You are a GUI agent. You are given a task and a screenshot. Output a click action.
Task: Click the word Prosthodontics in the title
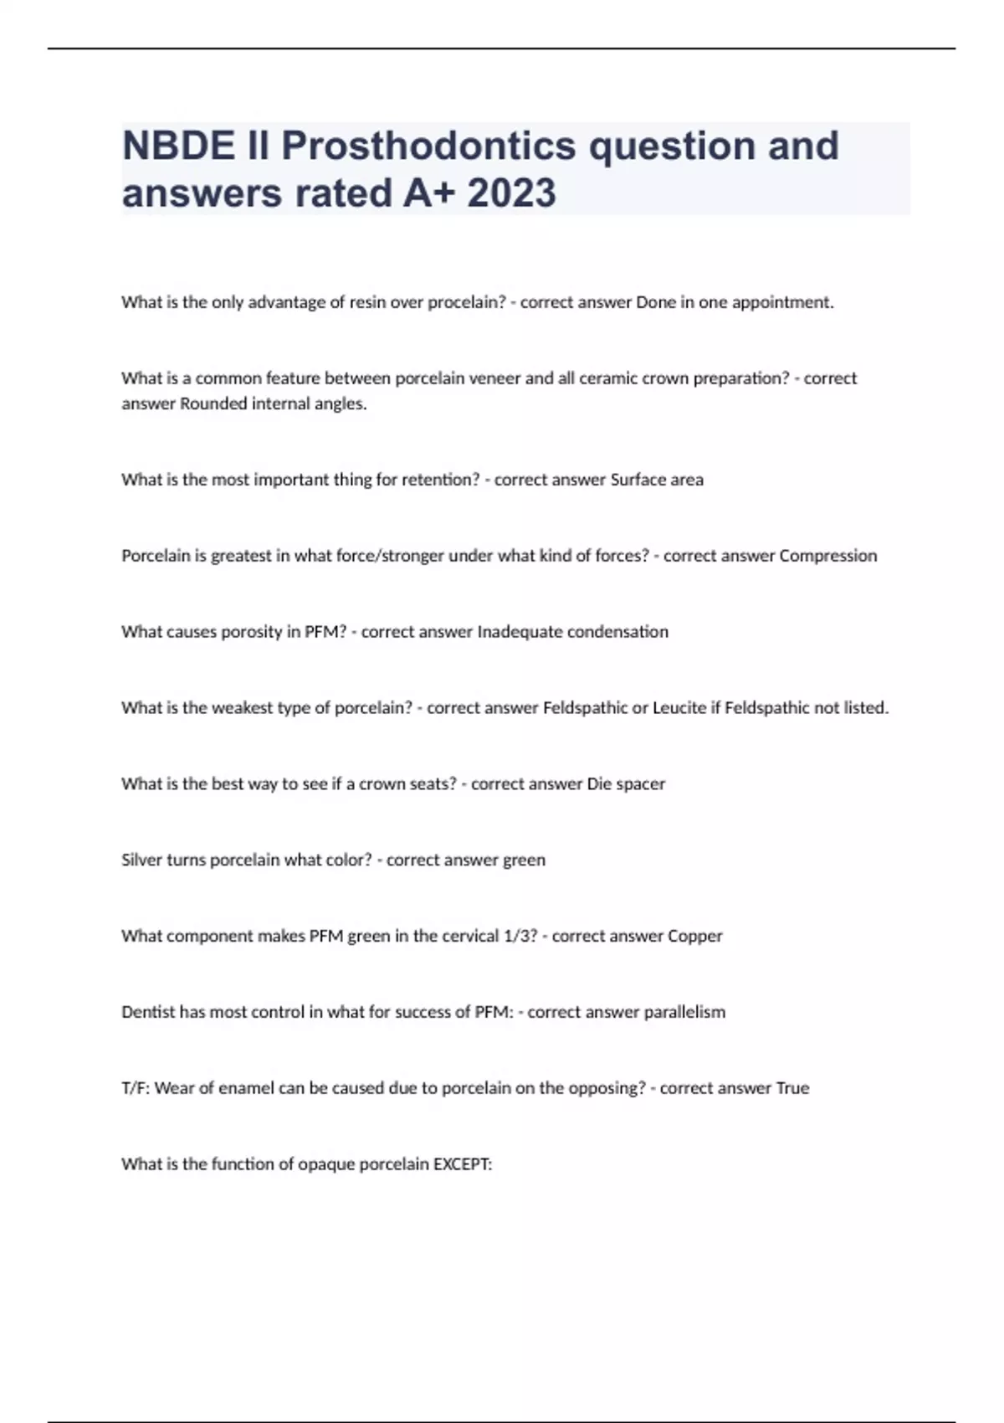[428, 146]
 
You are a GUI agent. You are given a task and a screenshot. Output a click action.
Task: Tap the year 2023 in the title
[511, 193]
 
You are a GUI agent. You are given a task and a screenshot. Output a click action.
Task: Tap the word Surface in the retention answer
[637, 480]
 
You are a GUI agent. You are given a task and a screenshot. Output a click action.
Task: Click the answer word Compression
[828, 556]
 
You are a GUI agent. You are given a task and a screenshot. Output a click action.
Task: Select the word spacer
[640, 784]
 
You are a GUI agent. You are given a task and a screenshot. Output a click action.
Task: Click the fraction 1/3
[518, 936]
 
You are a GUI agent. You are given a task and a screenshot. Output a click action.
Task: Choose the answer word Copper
[695, 936]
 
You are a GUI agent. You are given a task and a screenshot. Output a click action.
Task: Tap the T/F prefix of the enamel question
[136, 1088]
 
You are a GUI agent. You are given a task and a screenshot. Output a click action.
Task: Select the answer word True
[792, 1088]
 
